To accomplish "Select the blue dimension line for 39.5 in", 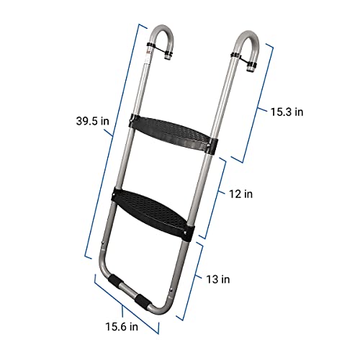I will [112, 144].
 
